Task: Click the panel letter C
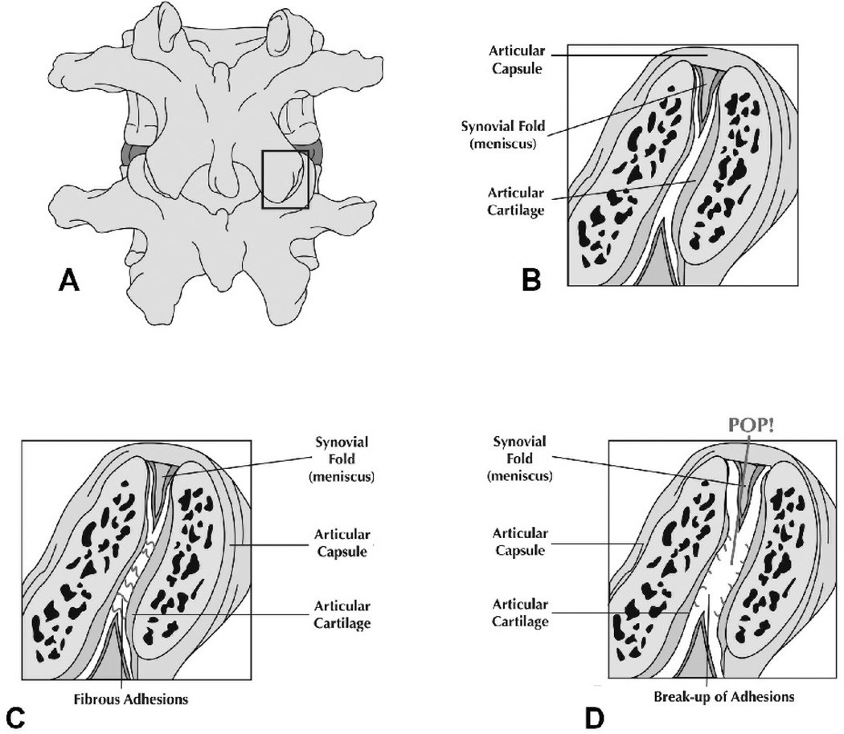(x=14, y=716)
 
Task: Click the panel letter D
(x=593, y=716)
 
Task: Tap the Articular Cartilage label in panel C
(x=342, y=614)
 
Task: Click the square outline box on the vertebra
(x=286, y=179)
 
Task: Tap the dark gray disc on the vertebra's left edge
(x=129, y=153)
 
